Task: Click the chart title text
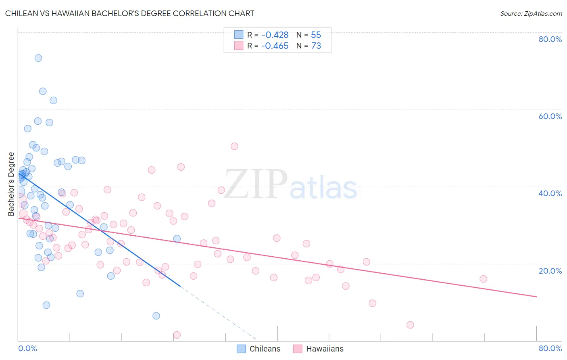pos(129,13)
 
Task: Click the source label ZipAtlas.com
pos(531,13)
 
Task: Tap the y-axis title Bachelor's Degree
pos(11,184)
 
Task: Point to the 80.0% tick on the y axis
pos(550,39)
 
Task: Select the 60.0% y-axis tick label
pos(550,116)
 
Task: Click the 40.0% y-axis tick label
pos(550,193)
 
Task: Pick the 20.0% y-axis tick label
pos(550,271)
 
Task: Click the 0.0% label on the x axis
pos(27,348)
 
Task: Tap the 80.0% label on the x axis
pos(550,348)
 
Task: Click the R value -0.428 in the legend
pos(275,35)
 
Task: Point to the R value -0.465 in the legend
pos(275,46)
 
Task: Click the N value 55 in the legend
pos(316,35)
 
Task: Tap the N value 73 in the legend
pos(316,46)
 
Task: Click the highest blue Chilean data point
pos(38,58)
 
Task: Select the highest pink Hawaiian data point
pos(234,146)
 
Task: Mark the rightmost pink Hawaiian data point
pos(483,279)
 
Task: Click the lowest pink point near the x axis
pos(177,335)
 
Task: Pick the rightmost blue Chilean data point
pos(177,239)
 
